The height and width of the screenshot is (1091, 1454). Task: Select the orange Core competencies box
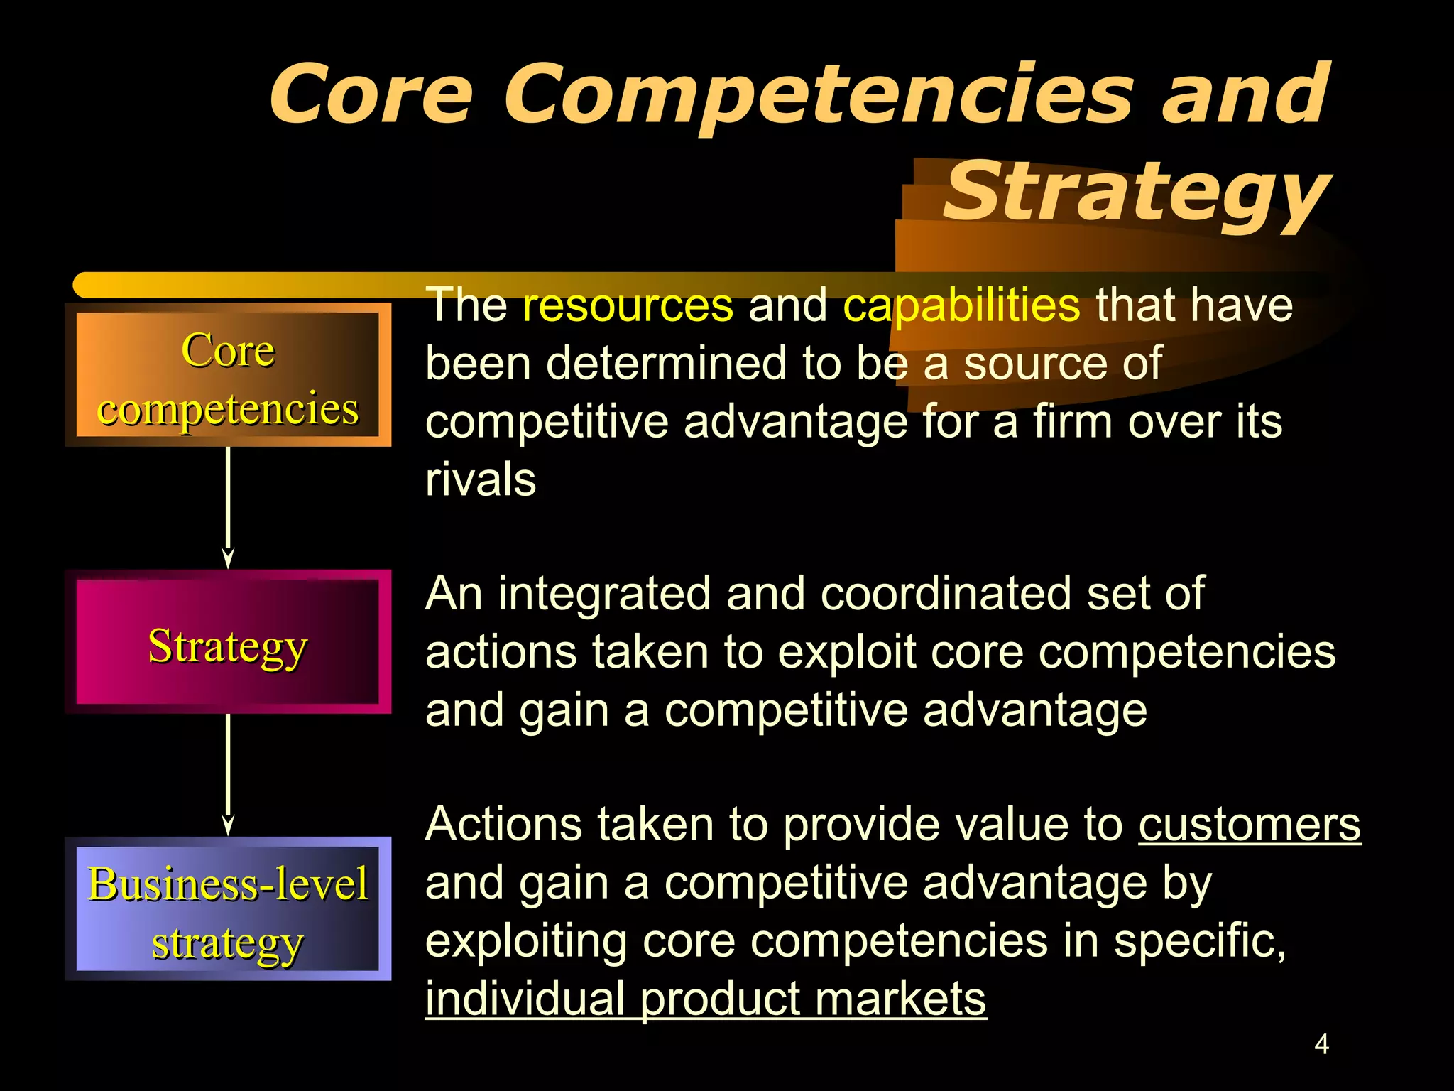click(x=228, y=375)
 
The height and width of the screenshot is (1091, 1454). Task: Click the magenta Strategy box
click(x=228, y=642)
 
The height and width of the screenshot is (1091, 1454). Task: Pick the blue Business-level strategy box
click(x=228, y=909)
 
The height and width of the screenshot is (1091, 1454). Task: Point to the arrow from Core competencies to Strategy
click(x=228, y=506)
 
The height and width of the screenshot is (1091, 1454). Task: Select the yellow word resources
click(x=628, y=305)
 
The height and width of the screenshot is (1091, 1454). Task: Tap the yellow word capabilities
click(x=961, y=305)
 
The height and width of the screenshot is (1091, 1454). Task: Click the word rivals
click(x=481, y=480)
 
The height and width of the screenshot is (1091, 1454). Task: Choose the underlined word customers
click(x=1250, y=825)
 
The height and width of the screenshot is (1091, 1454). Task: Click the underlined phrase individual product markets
click(x=706, y=1000)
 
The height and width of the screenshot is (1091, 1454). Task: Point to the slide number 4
click(x=1321, y=1045)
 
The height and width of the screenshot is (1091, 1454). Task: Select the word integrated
click(x=603, y=594)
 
